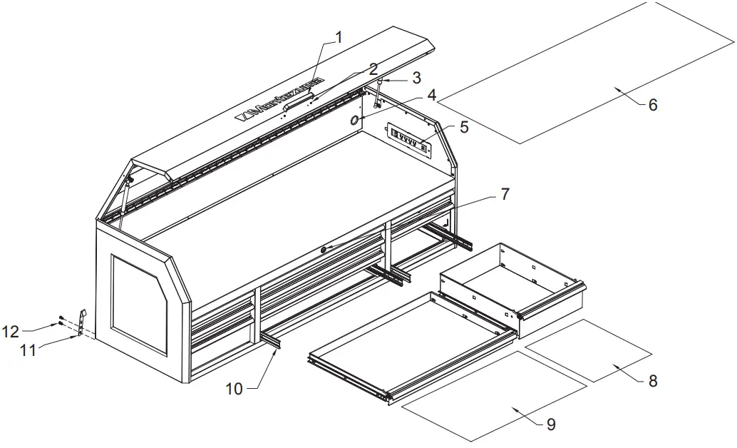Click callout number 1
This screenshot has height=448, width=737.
click(x=339, y=37)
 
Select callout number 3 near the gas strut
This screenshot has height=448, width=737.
click(x=416, y=76)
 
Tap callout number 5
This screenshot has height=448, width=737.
click(x=464, y=128)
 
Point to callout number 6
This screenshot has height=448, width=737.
click(x=652, y=105)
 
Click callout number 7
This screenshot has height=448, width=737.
click(x=504, y=193)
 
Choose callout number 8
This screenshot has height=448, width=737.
click(x=652, y=381)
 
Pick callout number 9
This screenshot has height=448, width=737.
click(x=550, y=424)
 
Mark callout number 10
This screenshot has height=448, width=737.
click(x=234, y=389)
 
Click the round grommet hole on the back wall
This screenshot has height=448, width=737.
click(x=354, y=121)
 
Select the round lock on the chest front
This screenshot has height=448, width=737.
click(x=324, y=249)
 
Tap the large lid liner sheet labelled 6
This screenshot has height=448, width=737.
click(x=584, y=71)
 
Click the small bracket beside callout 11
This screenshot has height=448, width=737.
click(x=82, y=322)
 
